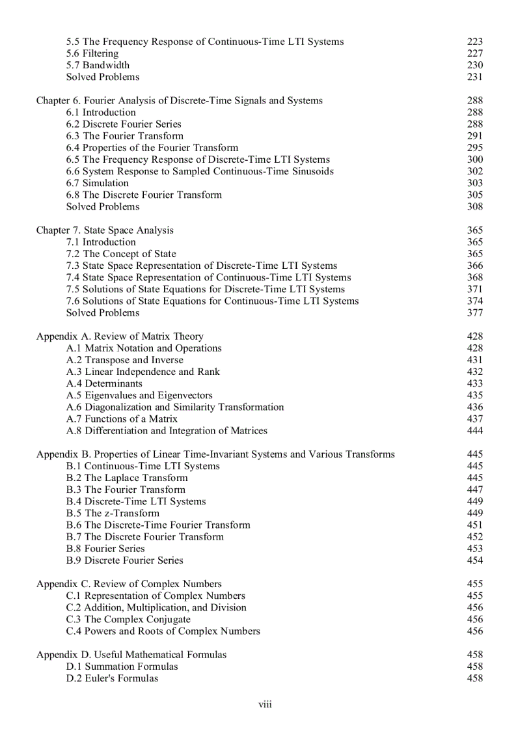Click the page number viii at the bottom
(265, 705)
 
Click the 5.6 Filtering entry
(92, 53)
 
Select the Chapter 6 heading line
(179, 100)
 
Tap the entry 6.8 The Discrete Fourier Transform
(144, 195)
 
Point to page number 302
(475, 171)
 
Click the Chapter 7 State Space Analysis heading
(105, 230)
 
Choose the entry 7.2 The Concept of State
(121, 254)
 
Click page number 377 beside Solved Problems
(475, 312)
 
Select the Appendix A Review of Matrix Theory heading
(120, 337)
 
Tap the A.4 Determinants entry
(104, 383)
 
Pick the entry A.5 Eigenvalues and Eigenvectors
(139, 395)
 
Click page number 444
(475, 430)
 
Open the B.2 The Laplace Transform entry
(127, 478)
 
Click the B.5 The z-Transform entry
(113, 513)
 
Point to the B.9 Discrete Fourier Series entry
(125, 560)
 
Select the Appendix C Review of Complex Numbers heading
(129, 584)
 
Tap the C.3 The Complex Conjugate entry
(128, 619)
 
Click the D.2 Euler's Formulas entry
(112, 678)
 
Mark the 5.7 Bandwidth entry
(98, 65)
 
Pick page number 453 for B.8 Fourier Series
(475, 548)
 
